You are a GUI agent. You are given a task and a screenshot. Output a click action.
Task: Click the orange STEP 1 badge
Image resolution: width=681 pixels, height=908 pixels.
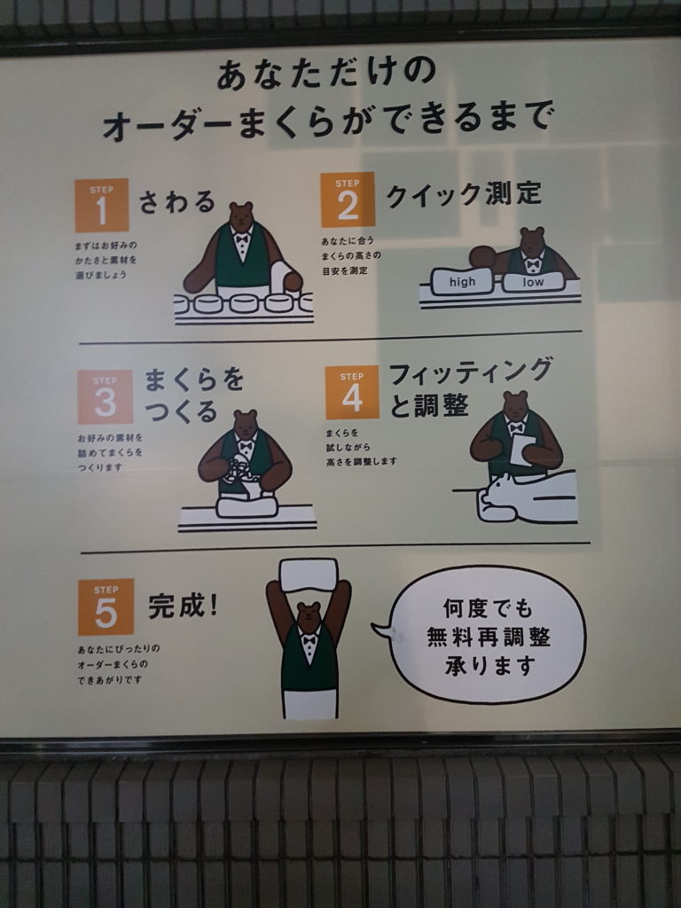101,205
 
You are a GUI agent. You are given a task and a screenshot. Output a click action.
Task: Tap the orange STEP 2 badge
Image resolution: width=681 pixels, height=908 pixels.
348,200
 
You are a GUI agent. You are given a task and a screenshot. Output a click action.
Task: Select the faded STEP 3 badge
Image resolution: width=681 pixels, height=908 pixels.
105,396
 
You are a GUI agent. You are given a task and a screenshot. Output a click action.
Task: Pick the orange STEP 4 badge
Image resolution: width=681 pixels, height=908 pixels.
352,392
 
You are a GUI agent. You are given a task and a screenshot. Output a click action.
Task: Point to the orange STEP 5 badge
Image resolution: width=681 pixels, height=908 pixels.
106,607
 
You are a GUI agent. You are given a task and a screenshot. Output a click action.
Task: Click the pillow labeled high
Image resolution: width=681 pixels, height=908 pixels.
462,282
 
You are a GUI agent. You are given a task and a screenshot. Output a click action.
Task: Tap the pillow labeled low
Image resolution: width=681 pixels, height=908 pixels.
533,281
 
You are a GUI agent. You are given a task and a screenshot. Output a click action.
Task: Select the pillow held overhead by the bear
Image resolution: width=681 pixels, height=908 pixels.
309,574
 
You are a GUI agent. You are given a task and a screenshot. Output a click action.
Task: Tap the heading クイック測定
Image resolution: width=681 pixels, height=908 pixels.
463,194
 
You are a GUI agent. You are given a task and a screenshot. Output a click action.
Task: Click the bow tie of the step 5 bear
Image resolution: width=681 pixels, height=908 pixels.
309,640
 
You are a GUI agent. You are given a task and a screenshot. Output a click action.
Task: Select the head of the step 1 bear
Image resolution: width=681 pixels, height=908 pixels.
241,215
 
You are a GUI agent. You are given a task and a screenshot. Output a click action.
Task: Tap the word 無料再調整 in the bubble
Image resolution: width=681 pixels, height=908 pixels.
489,637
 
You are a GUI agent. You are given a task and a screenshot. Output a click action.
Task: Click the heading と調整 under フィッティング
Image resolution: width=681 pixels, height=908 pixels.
429,404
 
